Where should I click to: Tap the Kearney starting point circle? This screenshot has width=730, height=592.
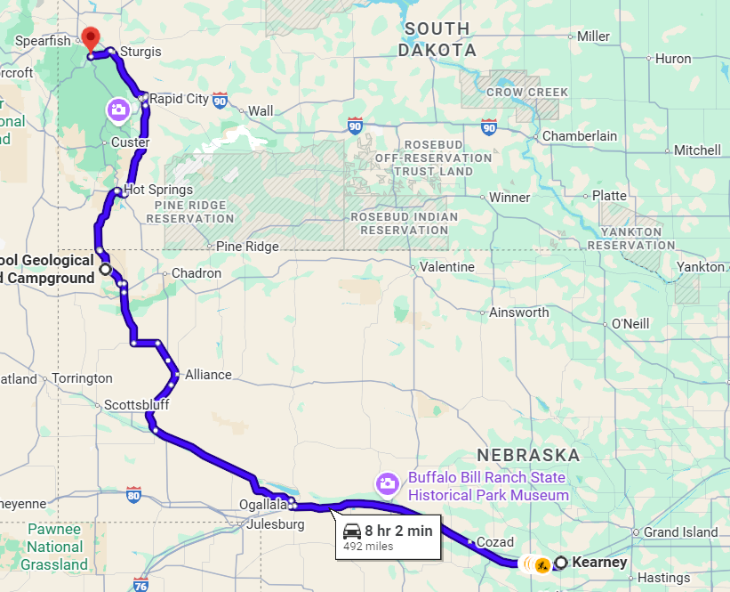click(561, 563)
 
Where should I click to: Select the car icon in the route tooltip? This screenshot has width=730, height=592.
click(352, 531)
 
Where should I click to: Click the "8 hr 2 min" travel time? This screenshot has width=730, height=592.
click(398, 531)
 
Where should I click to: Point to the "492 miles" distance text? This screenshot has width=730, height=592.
click(368, 546)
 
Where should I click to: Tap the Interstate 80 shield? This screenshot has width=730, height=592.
click(133, 495)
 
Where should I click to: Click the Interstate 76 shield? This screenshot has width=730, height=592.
click(140, 584)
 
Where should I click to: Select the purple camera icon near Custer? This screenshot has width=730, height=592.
click(118, 109)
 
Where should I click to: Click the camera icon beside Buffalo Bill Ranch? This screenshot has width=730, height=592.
click(387, 484)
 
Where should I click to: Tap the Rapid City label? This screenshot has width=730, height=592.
click(179, 99)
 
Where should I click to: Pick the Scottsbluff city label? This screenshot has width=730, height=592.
click(136, 405)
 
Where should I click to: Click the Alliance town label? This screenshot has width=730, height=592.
click(208, 375)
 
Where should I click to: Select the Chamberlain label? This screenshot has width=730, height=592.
click(580, 136)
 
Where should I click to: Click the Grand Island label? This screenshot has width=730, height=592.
click(681, 532)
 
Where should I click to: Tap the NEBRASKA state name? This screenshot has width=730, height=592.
click(528, 455)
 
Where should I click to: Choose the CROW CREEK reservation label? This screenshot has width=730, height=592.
click(527, 93)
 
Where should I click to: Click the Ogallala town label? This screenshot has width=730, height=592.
click(263, 506)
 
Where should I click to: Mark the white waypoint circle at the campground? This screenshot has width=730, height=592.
click(106, 269)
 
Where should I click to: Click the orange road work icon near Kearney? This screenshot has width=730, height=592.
click(541, 564)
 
